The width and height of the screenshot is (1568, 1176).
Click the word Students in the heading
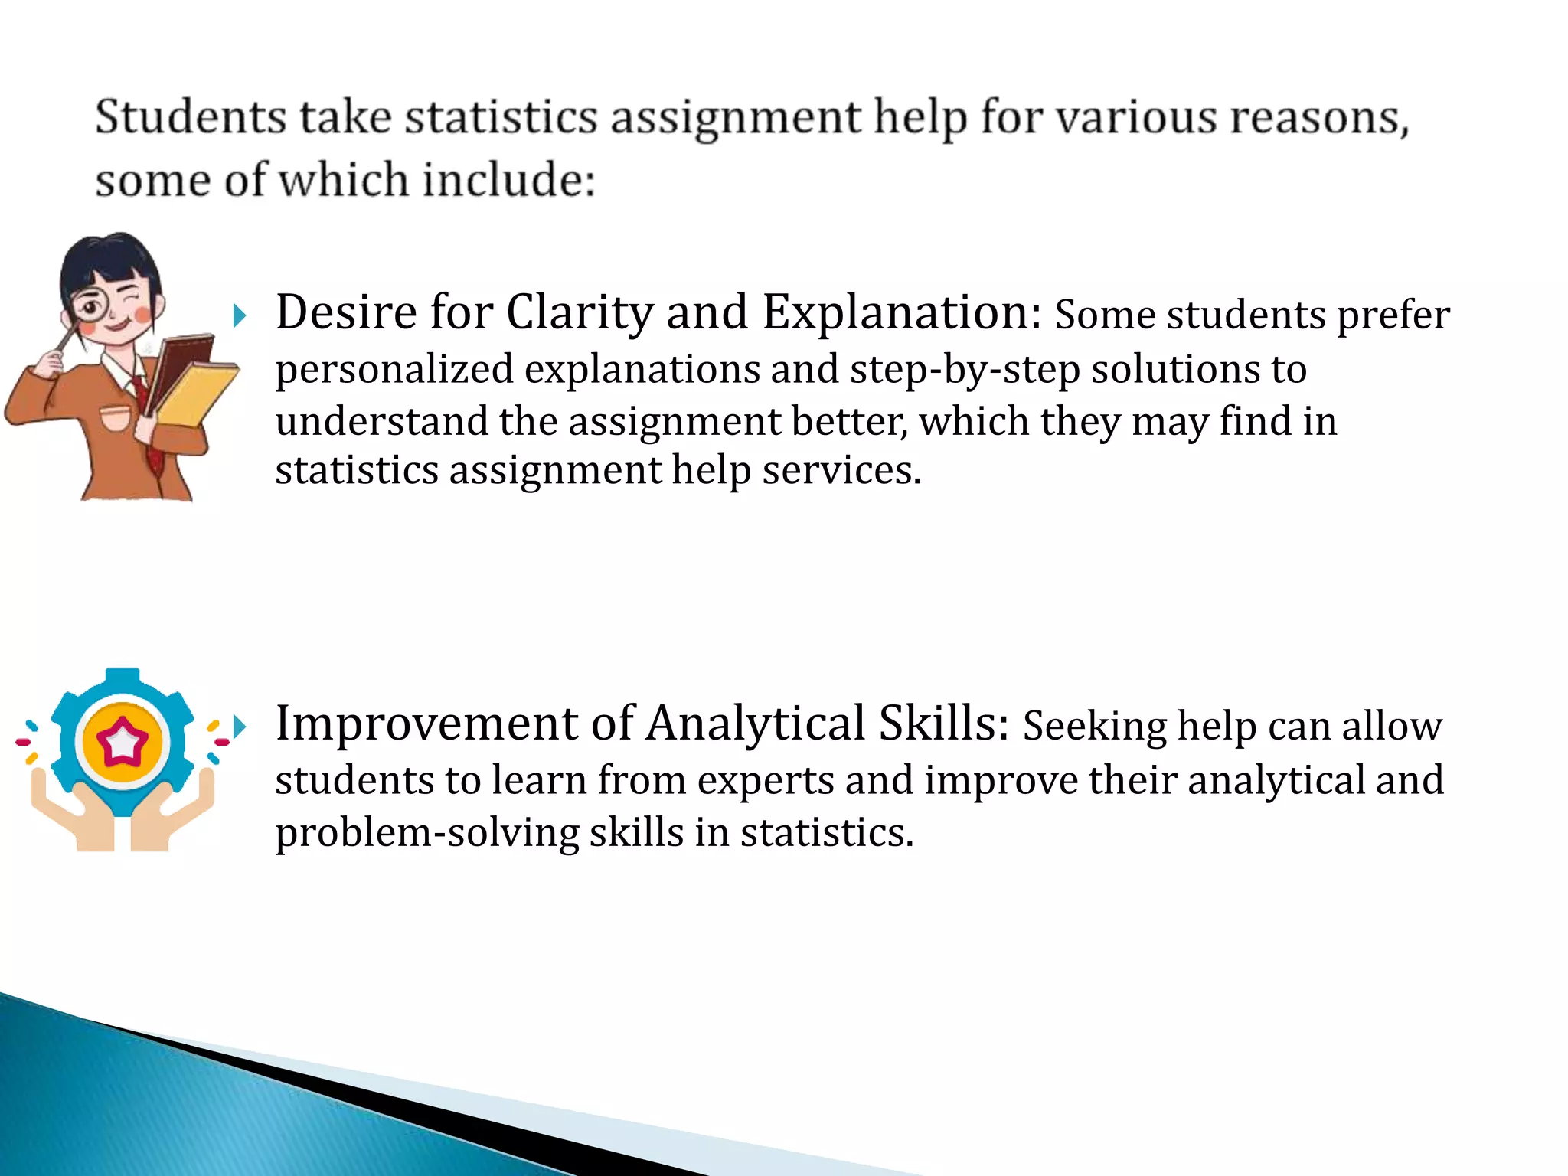pyautogui.click(x=190, y=118)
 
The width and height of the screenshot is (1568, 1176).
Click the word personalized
pyautogui.click(x=394, y=371)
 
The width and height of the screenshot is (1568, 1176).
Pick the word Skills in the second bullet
pyautogui.click(x=942, y=724)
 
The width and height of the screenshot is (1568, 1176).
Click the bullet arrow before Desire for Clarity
pyautogui.click(x=240, y=315)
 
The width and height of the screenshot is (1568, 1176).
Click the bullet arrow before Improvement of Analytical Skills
pyautogui.click(x=240, y=726)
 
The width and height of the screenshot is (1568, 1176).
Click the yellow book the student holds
pyautogui.click(x=198, y=394)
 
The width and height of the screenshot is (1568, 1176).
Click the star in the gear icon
pyautogui.click(x=122, y=741)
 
